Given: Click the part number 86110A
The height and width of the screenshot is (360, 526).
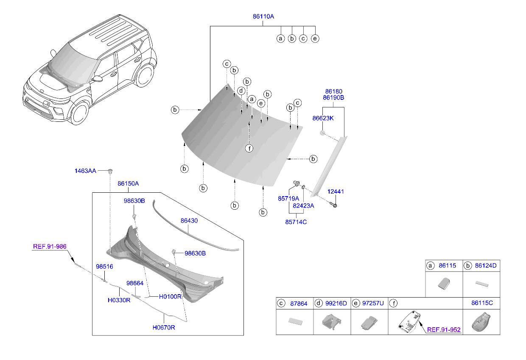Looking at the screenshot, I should (x=263, y=17).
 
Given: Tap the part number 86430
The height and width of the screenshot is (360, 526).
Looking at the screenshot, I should (x=189, y=221).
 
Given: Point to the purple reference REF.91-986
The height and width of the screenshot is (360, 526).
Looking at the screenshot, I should (x=49, y=246).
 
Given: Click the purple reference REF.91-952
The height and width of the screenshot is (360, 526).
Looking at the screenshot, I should (x=443, y=329).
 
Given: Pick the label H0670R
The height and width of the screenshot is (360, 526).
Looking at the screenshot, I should (x=164, y=328).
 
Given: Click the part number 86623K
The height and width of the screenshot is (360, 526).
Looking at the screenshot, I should (x=323, y=118).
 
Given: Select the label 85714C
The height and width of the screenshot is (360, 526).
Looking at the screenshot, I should (x=295, y=222).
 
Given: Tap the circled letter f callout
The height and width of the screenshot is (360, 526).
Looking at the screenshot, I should (x=249, y=148).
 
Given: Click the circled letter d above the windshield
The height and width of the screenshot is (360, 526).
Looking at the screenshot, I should (x=241, y=91).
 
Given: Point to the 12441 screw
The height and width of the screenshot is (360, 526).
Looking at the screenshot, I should (x=334, y=205).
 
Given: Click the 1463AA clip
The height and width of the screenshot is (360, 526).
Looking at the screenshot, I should (x=110, y=171).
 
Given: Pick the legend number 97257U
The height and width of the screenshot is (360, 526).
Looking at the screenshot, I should (x=373, y=303).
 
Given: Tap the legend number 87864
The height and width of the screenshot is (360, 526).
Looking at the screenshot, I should (x=299, y=303).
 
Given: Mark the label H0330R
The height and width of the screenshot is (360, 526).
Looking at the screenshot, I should (x=118, y=300).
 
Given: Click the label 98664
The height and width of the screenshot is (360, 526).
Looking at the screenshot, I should (x=135, y=283).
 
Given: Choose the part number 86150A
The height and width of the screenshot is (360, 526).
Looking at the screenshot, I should (x=128, y=183).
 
